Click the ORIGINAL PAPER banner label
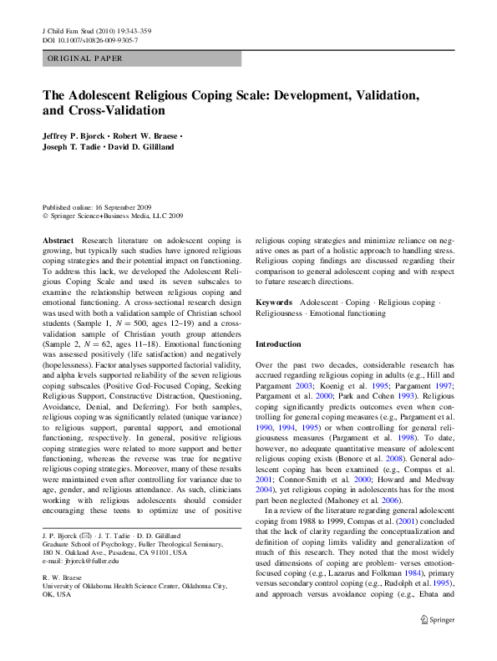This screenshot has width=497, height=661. pyautogui.click(x=84, y=58)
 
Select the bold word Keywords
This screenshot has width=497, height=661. pyautogui.click(x=273, y=302)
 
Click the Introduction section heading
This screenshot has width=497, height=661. pyautogui.click(x=278, y=343)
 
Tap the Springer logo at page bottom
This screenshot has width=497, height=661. pyautogui.click(x=438, y=642)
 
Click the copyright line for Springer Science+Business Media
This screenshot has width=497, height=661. pyautogui.click(x=113, y=215)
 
